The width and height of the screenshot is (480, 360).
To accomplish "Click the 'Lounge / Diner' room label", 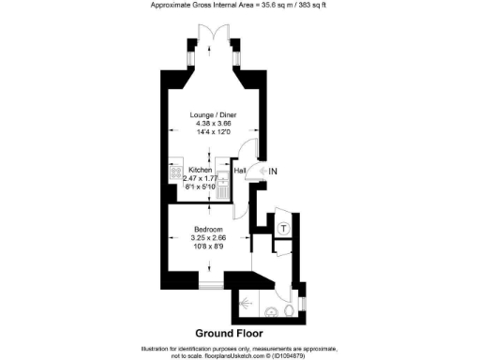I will coord(212,114).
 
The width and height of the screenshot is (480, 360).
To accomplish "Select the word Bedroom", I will coord(208,230).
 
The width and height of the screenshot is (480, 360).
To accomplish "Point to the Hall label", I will coord(240,171).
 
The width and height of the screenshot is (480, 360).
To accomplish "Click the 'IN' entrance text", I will coord(274,172).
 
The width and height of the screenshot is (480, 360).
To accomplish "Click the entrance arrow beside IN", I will coord(262,172).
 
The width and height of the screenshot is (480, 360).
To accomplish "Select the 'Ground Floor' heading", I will coord(229,333).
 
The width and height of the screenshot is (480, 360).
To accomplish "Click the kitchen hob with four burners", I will coord(175,172).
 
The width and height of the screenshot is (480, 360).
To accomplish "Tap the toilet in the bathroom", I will coord(289,310).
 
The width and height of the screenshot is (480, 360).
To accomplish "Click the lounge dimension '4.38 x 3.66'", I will coord(212,124).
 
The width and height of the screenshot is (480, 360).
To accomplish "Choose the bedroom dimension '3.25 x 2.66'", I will coord(208,239).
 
